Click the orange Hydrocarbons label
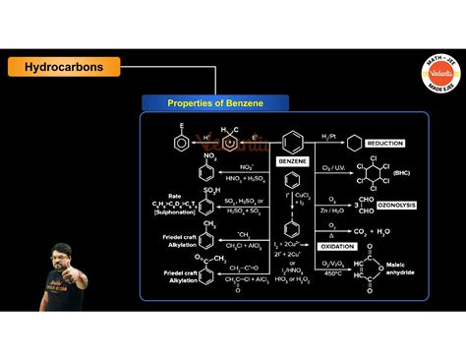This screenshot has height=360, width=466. click(65, 67)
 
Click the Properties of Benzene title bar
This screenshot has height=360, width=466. click(215, 102)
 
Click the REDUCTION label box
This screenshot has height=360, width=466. click(383, 144)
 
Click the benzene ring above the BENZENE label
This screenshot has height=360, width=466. click(290, 141)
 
